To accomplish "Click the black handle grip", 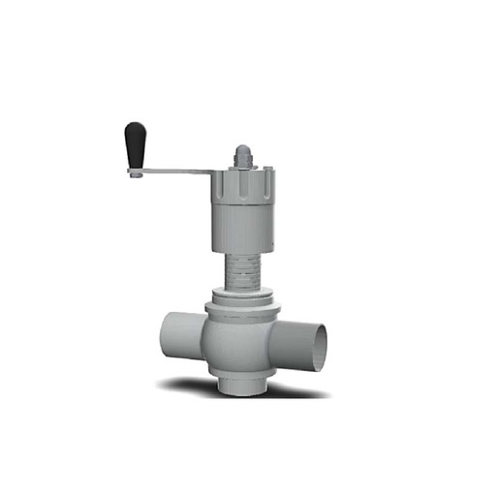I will [136, 145].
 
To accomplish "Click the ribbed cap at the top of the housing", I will [243, 181].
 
